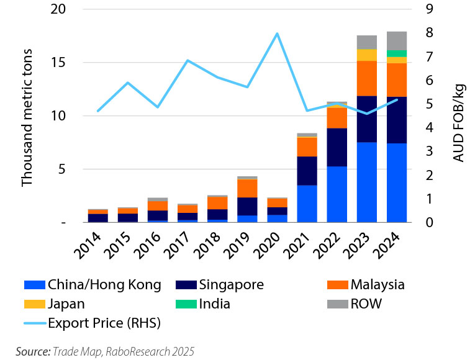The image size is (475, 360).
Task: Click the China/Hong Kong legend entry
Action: [x=92, y=285]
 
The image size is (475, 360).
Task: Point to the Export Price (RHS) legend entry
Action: [x=93, y=323]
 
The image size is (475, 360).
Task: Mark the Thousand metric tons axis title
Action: [x=27, y=116]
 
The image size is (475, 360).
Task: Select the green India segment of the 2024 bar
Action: [x=397, y=53]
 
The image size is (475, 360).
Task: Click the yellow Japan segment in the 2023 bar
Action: [x=367, y=55]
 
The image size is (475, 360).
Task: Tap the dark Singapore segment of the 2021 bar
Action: [x=307, y=171]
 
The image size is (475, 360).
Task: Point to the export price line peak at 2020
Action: [x=277, y=34]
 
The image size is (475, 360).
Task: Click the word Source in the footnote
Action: [x=32, y=351]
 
